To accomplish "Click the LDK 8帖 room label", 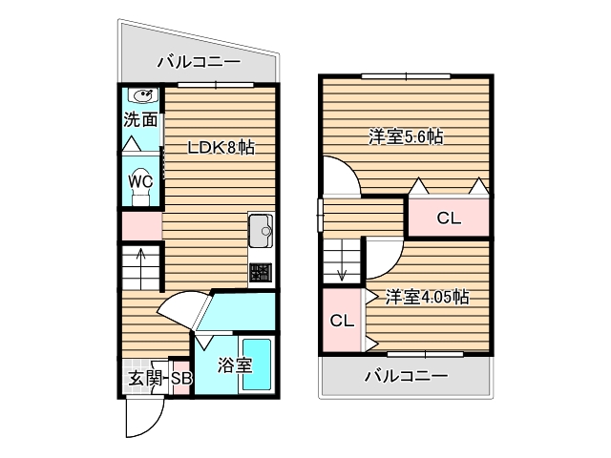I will click(x=220, y=148).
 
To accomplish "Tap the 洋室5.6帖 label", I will click(x=406, y=137).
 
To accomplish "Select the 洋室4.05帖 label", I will click(x=427, y=297).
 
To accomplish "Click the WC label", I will click(x=141, y=180).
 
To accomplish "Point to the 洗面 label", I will click(x=140, y=120).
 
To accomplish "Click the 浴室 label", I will click(x=235, y=364).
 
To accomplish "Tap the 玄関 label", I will click(x=145, y=380).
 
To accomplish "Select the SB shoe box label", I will click(x=181, y=380).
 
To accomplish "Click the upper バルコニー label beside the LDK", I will click(x=199, y=64).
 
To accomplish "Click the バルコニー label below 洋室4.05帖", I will click(x=406, y=376).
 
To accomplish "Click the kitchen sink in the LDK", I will click(x=261, y=230).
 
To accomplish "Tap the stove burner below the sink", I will click(x=261, y=274).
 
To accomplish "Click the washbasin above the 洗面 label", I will click(x=144, y=95).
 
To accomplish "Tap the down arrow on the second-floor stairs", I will click(x=341, y=270).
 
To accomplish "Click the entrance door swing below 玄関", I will click(x=143, y=415).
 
